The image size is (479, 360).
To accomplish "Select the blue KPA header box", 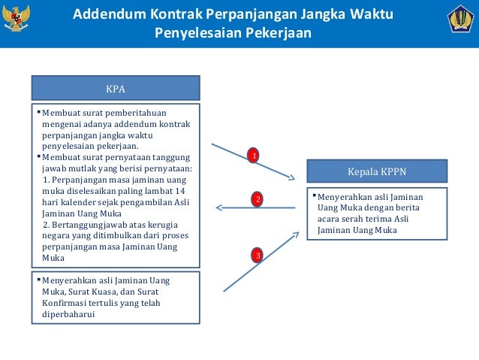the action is coord(116,88).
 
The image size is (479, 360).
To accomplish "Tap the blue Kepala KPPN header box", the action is coord(377,171).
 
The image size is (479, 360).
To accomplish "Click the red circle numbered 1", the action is coord(254,156).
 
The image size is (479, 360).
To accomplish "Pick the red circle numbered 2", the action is coord(257,200).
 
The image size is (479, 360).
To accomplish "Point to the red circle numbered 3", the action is coord(258,256).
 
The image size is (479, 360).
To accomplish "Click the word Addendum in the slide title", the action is coord(112,16).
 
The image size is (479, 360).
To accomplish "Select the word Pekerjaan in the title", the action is coord(279,35).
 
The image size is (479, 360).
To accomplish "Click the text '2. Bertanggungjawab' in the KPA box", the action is coord(84,225).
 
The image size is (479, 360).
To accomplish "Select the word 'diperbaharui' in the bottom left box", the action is coord(68,315).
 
